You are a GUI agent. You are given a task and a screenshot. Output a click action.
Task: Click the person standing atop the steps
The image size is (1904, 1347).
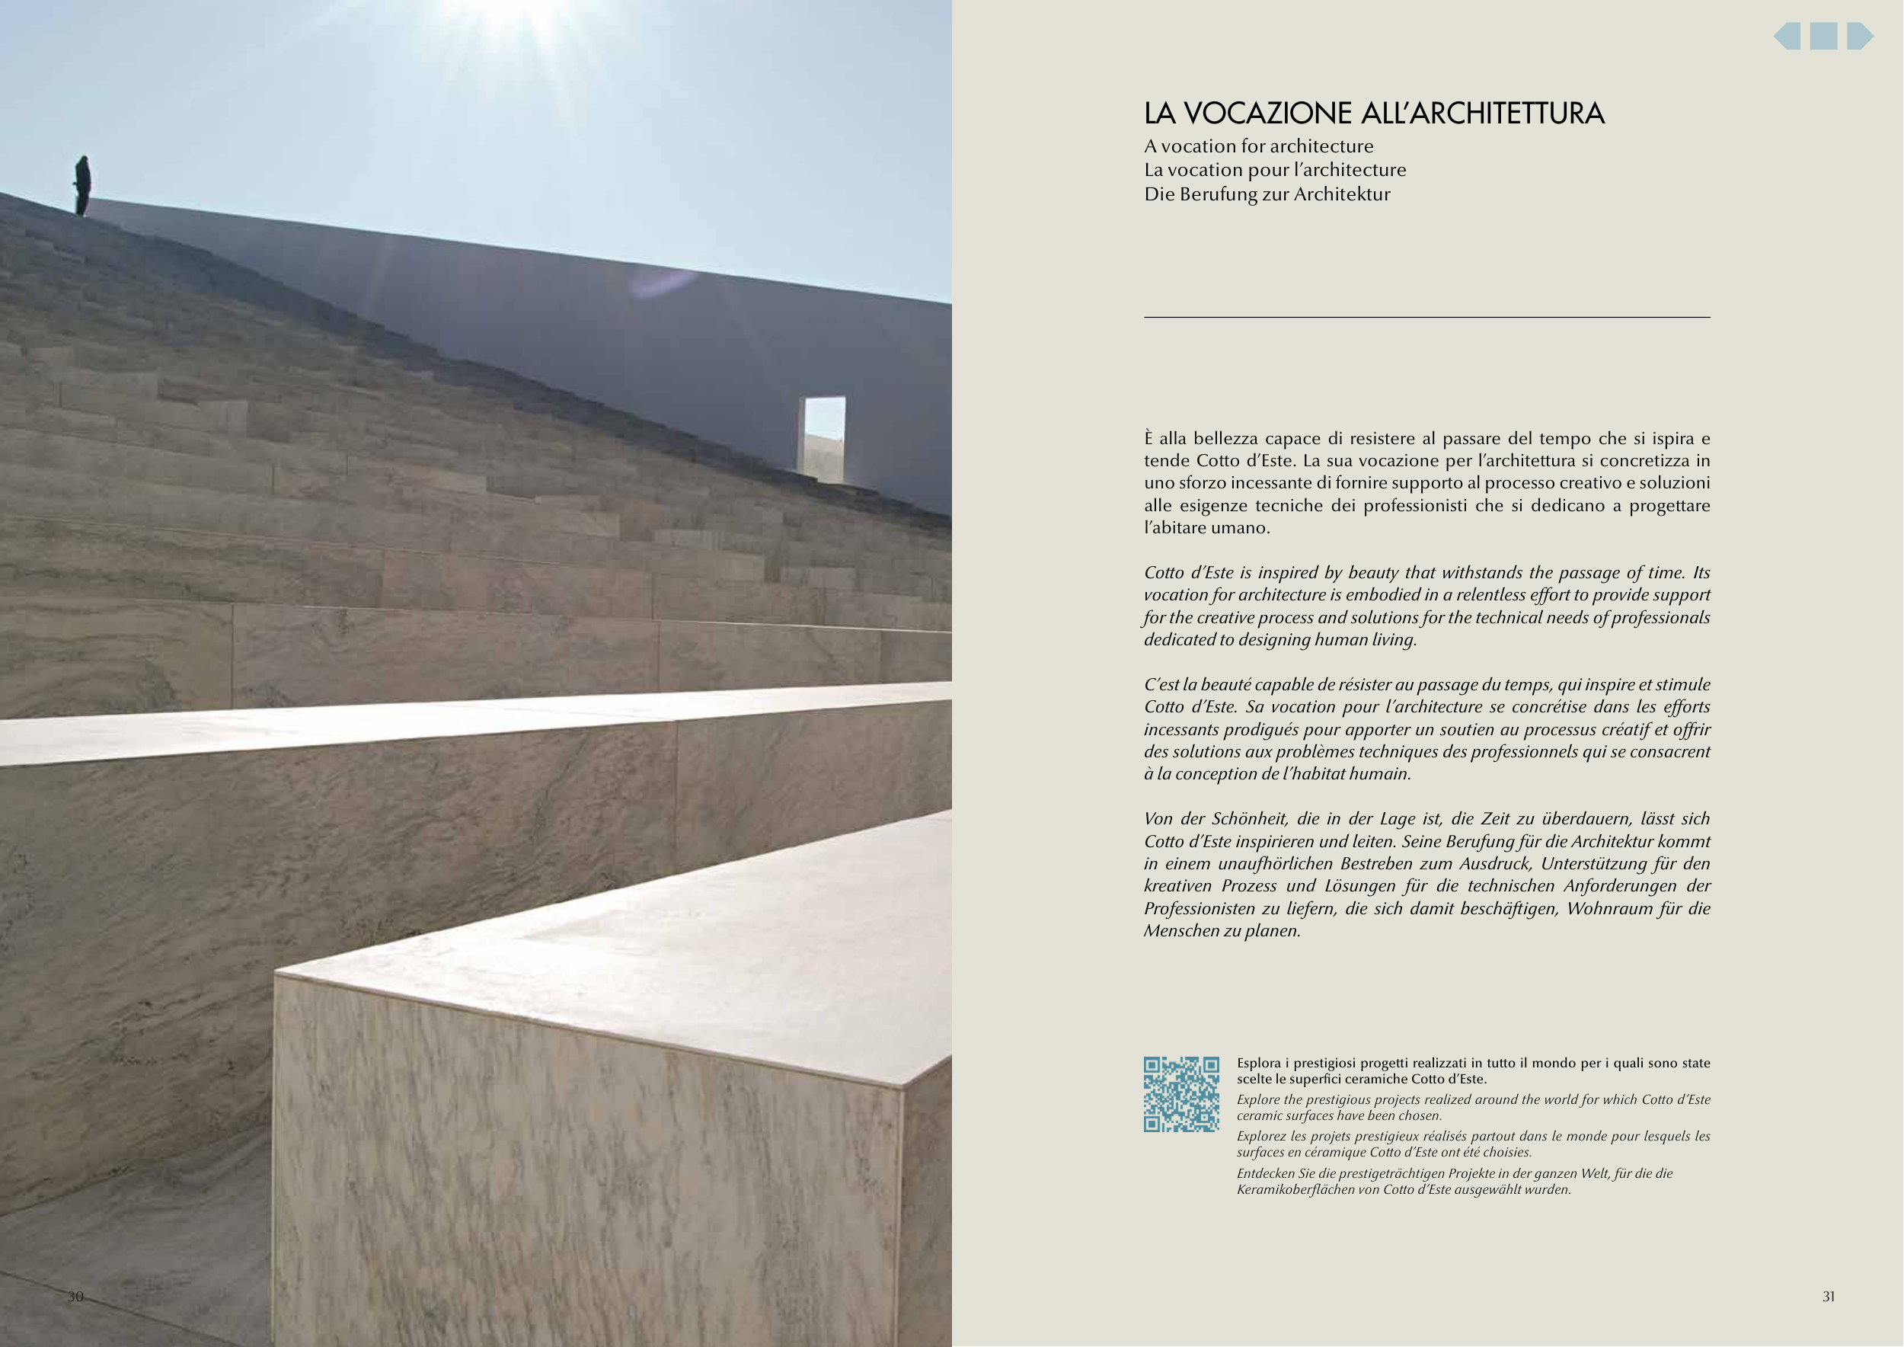[82, 184]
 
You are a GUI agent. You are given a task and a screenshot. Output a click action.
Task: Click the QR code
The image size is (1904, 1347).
[1181, 1094]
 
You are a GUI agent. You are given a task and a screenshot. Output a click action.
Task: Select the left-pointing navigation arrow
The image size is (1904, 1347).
[1788, 37]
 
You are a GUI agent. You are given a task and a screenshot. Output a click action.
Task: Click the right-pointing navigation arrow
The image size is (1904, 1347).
[1858, 37]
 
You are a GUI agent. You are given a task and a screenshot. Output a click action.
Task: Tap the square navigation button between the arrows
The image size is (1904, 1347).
[1823, 37]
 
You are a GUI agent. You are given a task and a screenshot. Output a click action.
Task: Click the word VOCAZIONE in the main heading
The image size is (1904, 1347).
[1273, 114]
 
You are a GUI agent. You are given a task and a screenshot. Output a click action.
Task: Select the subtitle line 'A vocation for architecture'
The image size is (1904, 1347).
[1258, 147]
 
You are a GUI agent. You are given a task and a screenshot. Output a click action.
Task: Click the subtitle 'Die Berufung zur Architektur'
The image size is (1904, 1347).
[1267, 194]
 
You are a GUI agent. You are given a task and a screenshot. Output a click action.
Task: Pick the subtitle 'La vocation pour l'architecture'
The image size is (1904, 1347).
[1275, 170]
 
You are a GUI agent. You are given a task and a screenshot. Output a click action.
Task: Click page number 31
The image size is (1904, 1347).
[1829, 1297]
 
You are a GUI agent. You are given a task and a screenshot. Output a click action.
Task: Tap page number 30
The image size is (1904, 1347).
[75, 1297]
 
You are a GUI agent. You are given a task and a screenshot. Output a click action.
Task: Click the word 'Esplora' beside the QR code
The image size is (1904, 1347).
[1258, 1064]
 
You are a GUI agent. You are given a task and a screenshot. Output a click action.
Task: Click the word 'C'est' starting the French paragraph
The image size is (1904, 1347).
[1161, 685]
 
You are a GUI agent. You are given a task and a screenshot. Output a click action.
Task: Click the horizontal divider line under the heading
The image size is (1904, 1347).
[1426, 317]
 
